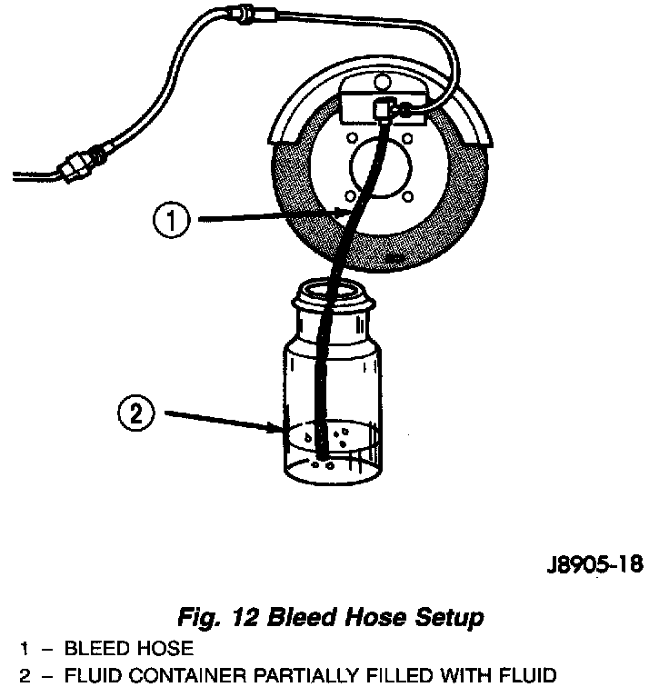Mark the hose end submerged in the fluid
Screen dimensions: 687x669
point(321,454)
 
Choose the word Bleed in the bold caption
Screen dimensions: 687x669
point(305,618)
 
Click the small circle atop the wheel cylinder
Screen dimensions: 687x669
point(377,86)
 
